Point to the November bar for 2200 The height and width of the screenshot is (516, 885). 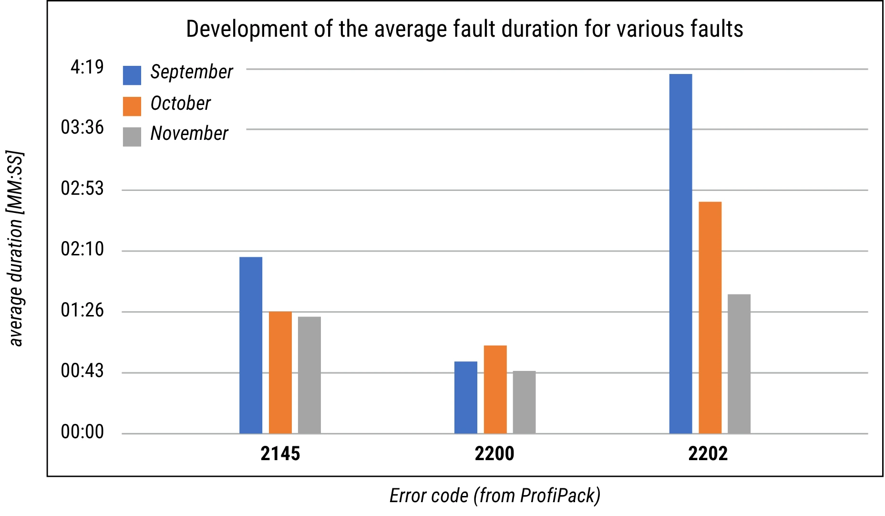(524, 402)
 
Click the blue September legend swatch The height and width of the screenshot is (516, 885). (132, 75)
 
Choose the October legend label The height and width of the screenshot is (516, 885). (180, 104)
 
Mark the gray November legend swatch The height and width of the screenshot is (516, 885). (132, 137)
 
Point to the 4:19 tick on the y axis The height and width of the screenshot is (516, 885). (87, 67)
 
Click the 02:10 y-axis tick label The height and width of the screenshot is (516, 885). (82, 249)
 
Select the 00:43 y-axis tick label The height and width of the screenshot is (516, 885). (82, 371)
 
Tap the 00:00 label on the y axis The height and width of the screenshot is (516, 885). (82, 432)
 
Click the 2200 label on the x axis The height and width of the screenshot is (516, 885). (494, 453)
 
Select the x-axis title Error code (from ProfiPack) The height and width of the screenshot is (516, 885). (494, 496)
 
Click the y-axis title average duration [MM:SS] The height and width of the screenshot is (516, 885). (16, 249)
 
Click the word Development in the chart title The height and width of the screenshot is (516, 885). (246, 29)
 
